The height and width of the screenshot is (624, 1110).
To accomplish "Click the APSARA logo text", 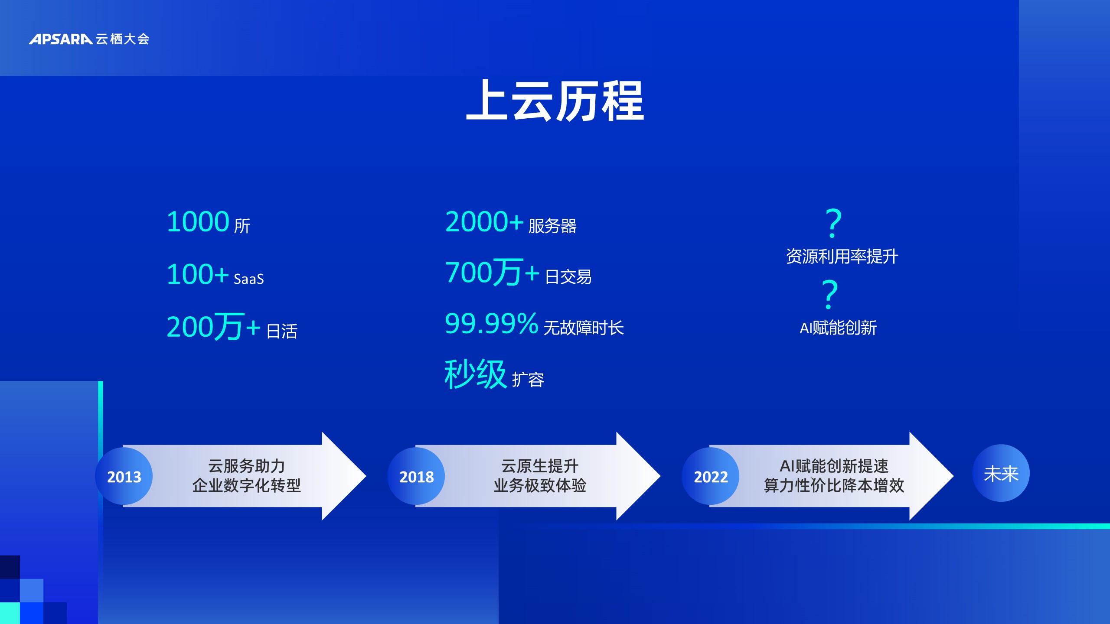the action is click(x=61, y=39).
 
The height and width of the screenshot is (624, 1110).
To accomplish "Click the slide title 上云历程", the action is click(x=555, y=101).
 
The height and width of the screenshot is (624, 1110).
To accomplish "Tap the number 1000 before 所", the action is click(x=198, y=222).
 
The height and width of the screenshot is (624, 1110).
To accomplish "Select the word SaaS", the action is click(x=248, y=279).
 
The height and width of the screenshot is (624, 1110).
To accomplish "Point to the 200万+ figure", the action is click(x=213, y=326).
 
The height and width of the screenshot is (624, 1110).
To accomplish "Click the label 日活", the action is click(x=282, y=331).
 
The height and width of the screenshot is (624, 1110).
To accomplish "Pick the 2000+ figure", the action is click(x=484, y=222).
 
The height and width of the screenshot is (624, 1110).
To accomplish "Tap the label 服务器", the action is click(x=552, y=226).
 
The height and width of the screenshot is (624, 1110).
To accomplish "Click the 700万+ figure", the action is click(x=492, y=273).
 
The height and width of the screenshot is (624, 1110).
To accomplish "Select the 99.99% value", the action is click(x=492, y=323).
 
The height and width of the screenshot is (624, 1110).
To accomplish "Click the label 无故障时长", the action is click(x=584, y=328).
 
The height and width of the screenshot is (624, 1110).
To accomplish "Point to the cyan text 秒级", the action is click(x=476, y=374).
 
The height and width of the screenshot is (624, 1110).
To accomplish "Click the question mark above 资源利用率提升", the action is click(x=833, y=223).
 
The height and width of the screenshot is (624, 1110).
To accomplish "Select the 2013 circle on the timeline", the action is click(x=124, y=476).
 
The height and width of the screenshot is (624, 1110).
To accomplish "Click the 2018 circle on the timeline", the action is click(x=416, y=476).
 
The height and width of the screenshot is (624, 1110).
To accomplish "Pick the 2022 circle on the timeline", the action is click(x=711, y=476).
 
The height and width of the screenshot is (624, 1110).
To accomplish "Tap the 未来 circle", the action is click(x=1001, y=473).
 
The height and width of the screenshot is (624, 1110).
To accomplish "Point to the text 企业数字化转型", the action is click(x=246, y=485).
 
